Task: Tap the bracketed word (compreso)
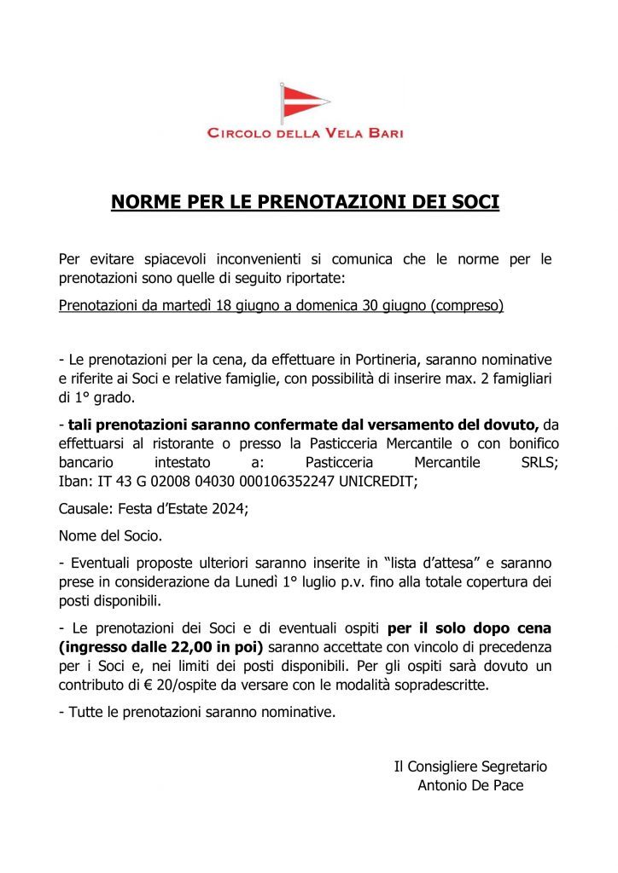point(469,305)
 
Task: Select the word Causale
point(85,510)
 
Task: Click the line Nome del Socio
point(110,537)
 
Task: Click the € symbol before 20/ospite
point(135,685)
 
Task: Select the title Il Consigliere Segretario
point(470,766)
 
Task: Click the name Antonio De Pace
point(470,785)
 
